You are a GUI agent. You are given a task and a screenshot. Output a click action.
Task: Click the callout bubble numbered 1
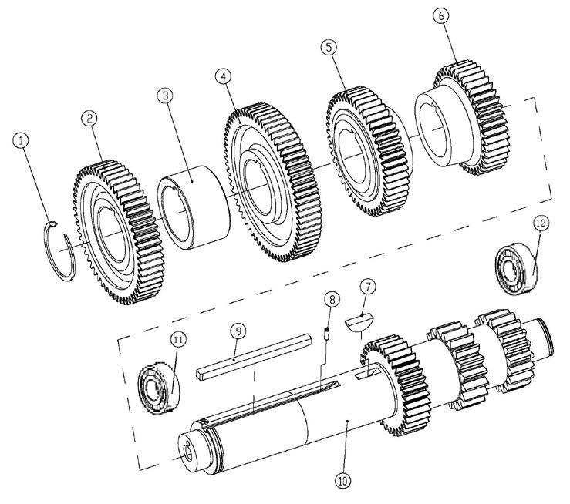[x=22, y=140]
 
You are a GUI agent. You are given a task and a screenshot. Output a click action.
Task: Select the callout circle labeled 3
[x=164, y=96]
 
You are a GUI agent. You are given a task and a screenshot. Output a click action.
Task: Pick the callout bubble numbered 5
[x=329, y=48]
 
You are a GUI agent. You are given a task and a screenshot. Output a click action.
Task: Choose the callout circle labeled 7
[x=368, y=287]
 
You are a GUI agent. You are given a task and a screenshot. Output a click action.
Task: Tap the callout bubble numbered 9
[x=238, y=331]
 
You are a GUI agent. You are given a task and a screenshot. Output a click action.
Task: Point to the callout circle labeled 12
[x=540, y=223]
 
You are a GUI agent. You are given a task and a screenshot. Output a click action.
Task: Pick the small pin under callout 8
[x=327, y=334]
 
